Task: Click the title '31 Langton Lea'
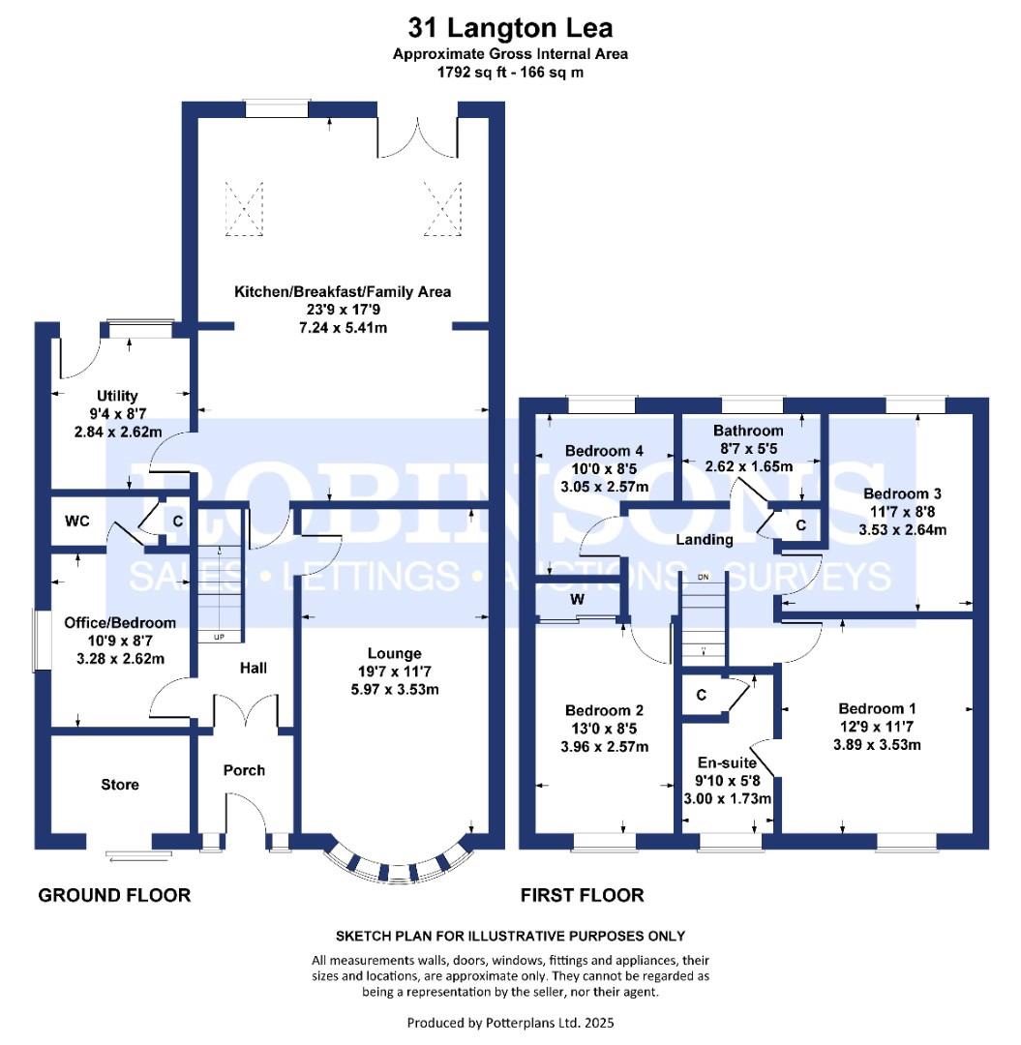tap(510, 27)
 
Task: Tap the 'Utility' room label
tap(117, 396)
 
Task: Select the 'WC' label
tap(77, 522)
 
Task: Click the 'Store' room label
tap(120, 785)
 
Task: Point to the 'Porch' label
tap(244, 770)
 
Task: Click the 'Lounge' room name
tap(395, 654)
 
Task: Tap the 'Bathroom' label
tap(748, 431)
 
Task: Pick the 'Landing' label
tap(705, 540)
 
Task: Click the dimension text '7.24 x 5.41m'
tap(343, 327)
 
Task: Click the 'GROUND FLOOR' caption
tap(114, 895)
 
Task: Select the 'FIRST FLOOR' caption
tap(583, 895)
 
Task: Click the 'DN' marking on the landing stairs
tap(704, 577)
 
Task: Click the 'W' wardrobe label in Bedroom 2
tap(578, 600)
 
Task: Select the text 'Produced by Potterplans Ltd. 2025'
tap(510, 1022)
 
